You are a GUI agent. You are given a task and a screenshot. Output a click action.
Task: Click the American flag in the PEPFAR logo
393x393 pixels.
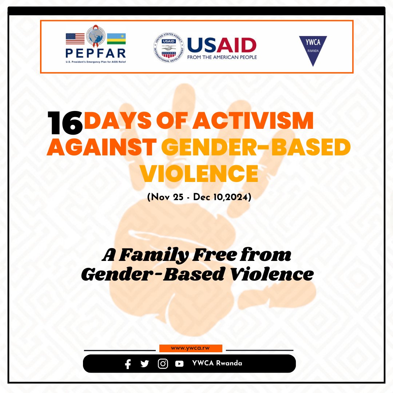(75, 39)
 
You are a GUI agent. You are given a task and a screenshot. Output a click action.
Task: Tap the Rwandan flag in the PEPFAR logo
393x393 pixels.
(116, 39)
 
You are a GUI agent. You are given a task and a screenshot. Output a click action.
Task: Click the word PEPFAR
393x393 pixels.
(96, 52)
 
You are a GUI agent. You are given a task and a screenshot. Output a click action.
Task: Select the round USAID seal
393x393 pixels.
(168, 47)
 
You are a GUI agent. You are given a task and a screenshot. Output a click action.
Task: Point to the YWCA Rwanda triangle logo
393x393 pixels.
(313, 51)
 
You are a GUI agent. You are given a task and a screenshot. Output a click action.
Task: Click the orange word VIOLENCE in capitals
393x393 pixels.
(199, 174)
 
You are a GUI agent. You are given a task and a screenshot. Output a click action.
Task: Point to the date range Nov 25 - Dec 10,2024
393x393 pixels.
(199, 198)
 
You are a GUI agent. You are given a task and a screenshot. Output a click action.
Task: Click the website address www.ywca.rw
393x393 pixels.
(190, 348)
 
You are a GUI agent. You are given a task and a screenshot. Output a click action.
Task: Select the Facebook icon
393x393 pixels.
(128, 364)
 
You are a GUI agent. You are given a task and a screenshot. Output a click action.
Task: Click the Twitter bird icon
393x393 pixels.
(145, 364)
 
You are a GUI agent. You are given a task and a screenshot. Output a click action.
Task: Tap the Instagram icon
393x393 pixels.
(163, 364)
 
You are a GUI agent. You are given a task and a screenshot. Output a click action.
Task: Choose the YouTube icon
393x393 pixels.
(179, 364)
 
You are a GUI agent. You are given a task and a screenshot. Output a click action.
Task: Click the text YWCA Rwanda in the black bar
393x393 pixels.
(217, 364)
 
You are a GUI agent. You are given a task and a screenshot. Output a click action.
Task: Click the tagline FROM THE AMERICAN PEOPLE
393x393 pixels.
(222, 57)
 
